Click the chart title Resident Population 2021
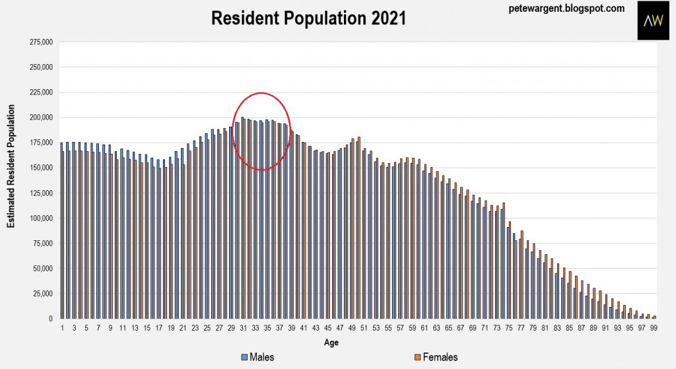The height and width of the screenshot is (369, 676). tap(308, 18)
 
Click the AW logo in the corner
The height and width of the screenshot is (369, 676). tap(653, 20)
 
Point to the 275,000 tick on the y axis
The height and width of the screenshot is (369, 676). tap(41, 42)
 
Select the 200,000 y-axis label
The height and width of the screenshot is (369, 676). tap(41, 117)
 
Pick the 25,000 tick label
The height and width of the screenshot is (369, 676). tap(43, 293)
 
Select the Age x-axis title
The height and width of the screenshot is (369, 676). tap(331, 343)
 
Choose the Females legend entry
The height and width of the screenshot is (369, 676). tap(435, 357)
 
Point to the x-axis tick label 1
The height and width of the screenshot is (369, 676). tap(62, 327)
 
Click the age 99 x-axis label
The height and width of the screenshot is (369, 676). tap(653, 327)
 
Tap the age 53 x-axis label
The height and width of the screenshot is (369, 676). tap(376, 327)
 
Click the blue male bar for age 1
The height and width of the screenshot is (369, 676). tap(61, 231)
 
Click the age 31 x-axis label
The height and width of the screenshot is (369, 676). tap(243, 327)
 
